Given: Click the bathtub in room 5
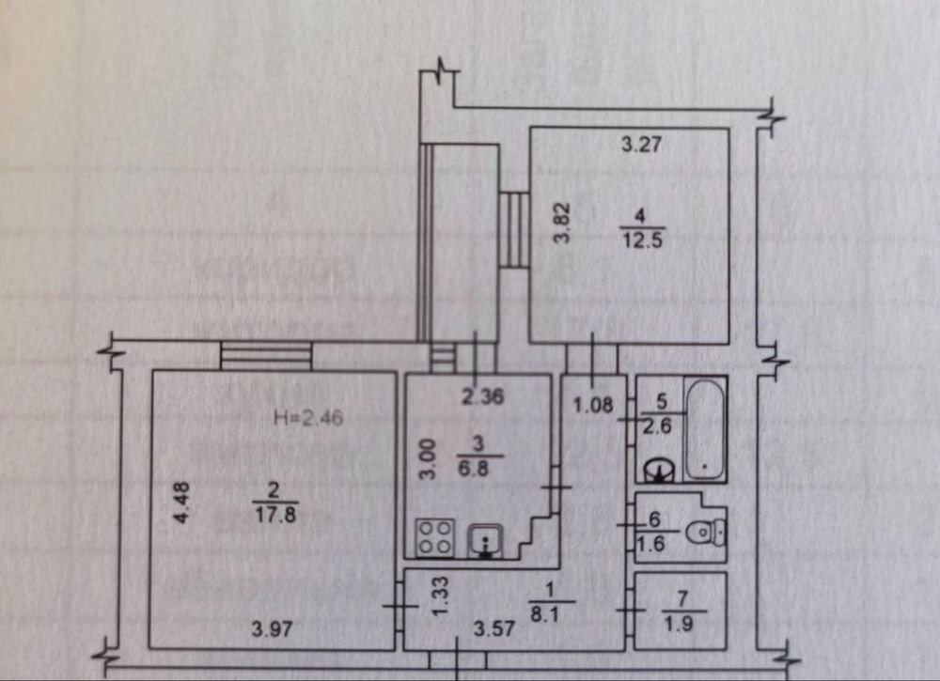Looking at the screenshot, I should click(704, 429).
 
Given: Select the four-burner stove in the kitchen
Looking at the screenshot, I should click(434, 537).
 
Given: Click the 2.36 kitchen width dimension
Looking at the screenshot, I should click(482, 397).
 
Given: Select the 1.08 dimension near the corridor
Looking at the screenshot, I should click(592, 407).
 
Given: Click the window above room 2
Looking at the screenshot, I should click(266, 355).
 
